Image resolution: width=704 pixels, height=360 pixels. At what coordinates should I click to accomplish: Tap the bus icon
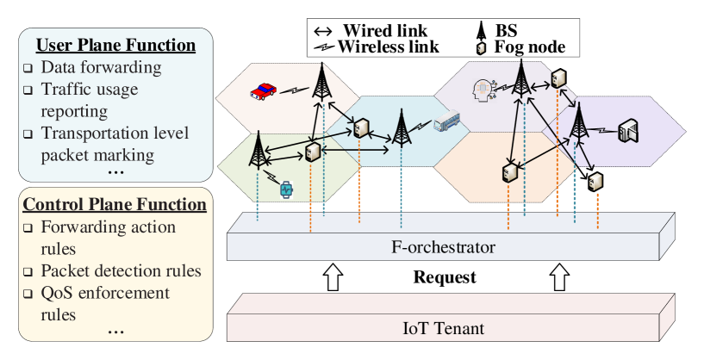coord(446,122)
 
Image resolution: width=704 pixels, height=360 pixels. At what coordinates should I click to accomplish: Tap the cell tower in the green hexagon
coord(257,150)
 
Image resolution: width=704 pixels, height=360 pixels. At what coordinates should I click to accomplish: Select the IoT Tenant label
coord(443,327)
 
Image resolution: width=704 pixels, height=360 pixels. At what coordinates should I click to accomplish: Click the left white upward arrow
coord(332,277)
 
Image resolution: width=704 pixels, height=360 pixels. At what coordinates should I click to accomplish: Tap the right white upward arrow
coord(559,277)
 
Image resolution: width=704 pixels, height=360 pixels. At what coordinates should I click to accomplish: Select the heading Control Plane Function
coord(115,205)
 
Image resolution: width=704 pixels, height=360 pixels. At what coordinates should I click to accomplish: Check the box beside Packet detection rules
coord(28,272)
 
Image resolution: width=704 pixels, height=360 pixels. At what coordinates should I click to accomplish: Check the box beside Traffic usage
coord(28,90)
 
